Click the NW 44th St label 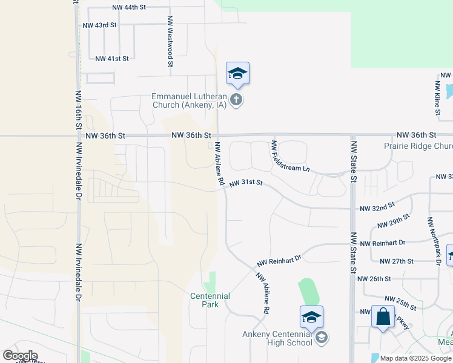pos(130,8)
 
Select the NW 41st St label pos(113,59)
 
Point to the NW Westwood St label pos(171,41)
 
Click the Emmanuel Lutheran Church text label pos(188,100)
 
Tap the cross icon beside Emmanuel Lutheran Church pos(237,100)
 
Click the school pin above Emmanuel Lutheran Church pos(237,74)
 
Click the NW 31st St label pos(246,183)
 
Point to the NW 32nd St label pos(377,208)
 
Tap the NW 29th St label pos(394,221)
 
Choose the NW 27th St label pos(396,261)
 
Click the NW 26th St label pos(374,279)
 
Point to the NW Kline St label pos(437,96)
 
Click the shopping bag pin pos(383,316)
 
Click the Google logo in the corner pos(19,356)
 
